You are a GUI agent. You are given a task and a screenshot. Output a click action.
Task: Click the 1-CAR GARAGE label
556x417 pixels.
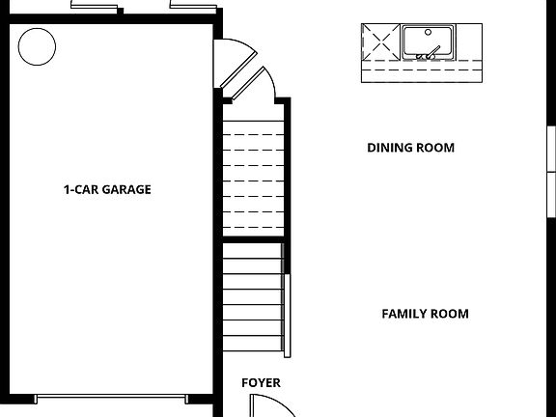pyautogui.click(x=107, y=190)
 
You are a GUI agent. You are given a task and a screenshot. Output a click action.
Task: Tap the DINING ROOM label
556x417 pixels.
pyautogui.click(x=410, y=148)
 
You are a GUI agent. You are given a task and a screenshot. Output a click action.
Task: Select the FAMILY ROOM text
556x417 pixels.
pyautogui.click(x=425, y=314)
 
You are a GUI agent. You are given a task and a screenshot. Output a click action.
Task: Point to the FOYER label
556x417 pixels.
pyautogui.click(x=261, y=383)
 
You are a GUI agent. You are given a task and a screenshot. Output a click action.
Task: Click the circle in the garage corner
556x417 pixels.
pyautogui.click(x=37, y=44)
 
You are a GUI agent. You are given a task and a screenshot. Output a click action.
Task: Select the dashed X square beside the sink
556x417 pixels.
pyautogui.click(x=379, y=42)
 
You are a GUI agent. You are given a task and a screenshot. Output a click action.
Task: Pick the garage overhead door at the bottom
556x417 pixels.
pyautogui.click(x=112, y=398)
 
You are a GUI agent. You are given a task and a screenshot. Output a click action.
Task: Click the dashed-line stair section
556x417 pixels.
pyautogui.click(x=252, y=169)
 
